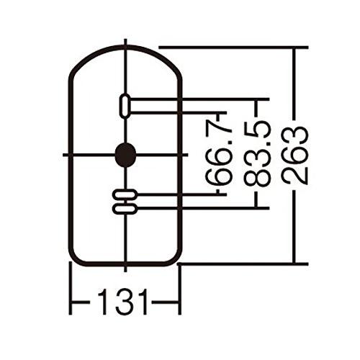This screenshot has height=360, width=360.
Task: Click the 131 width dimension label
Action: (x=122, y=302)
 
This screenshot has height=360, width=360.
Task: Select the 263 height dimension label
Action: (x=294, y=156)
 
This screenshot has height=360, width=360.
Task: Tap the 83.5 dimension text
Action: (x=258, y=153)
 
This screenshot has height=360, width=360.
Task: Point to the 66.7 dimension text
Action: (x=219, y=153)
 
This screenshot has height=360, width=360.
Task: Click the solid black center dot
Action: (x=125, y=155)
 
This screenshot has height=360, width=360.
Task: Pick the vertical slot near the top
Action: (x=125, y=106)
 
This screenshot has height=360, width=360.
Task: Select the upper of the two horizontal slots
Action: (x=125, y=194)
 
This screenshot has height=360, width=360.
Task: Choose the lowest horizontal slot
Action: (x=125, y=209)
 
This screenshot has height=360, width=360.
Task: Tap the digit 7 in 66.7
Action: (x=219, y=130)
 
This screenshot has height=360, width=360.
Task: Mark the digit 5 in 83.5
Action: (x=258, y=130)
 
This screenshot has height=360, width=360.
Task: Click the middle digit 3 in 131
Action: (x=122, y=302)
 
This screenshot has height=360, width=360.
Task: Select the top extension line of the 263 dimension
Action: (x=233, y=48)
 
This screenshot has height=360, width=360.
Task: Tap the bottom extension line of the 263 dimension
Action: (x=243, y=264)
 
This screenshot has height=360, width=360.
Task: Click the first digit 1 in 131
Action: (x=103, y=302)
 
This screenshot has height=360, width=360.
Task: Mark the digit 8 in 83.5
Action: (x=258, y=178)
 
